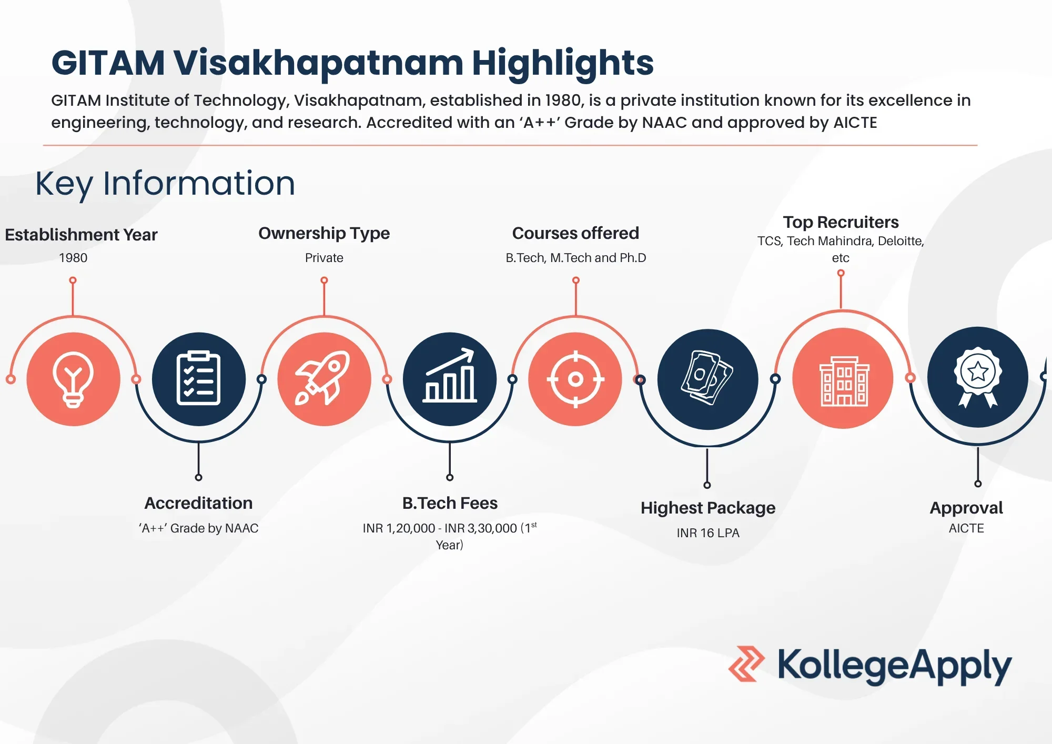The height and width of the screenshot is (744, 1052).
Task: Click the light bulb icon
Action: tap(73, 379)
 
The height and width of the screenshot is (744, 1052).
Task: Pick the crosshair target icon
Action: tap(575, 379)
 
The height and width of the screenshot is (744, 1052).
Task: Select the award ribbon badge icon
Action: tap(977, 377)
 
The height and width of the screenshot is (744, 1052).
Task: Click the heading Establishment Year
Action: tap(81, 235)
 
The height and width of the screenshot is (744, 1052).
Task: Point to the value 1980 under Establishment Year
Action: tap(73, 258)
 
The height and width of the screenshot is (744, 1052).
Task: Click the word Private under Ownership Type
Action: tap(324, 258)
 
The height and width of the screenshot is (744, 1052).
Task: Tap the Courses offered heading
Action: tap(575, 233)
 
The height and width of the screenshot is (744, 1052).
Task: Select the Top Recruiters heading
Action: tap(841, 222)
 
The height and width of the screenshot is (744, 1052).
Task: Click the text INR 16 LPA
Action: tap(708, 533)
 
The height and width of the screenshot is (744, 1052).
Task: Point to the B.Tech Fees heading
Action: tap(450, 503)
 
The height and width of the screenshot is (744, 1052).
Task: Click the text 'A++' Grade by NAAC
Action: tap(199, 528)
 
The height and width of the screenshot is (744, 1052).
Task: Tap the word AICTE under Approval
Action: tap(966, 528)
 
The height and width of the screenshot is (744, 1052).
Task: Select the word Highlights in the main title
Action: tap(562, 63)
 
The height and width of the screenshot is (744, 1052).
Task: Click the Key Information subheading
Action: tap(165, 184)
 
